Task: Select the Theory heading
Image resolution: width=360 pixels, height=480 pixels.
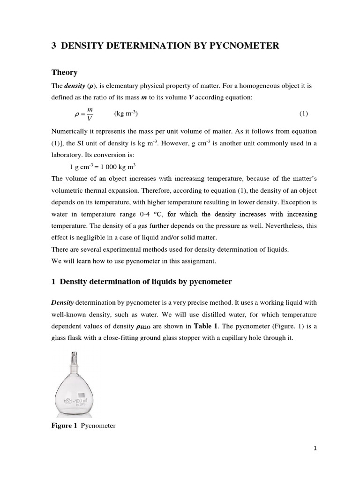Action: coord(64,72)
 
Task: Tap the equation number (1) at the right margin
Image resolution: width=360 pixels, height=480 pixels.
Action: coord(303,114)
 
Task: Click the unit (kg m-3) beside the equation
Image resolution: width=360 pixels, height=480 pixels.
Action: coord(126,114)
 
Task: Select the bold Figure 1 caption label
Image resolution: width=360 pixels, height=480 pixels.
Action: coord(64,426)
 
